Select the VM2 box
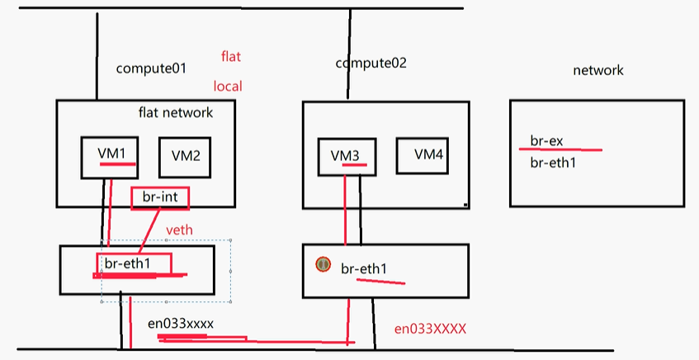[186, 156]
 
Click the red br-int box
[160, 197]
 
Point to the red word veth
[180, 229]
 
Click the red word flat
[230, 57]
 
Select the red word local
[228, 86]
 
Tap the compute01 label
[151, 69]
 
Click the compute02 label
[371, 64]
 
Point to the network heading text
[597, 71]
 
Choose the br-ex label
[546, 141]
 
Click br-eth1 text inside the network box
[552, 163]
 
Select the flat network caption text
[175, 112]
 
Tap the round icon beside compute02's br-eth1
[324, 264]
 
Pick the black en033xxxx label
[181, 324]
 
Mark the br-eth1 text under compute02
[364, 268]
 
